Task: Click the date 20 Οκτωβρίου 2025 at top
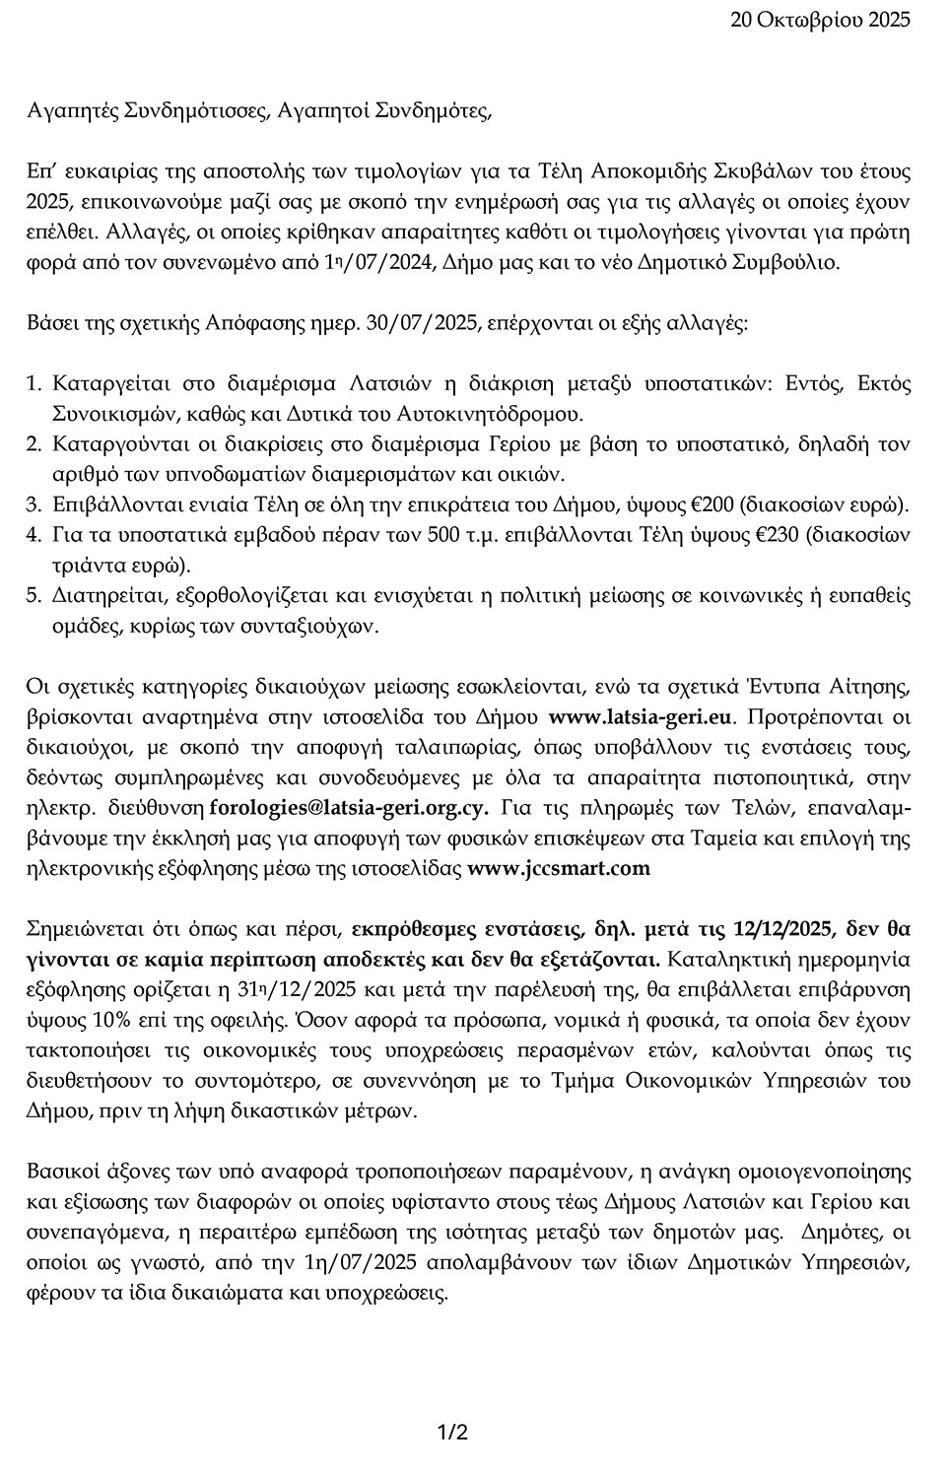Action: pos(820,19)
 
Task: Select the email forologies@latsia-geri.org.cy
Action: pos(351,808)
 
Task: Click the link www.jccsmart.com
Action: pos(559,868)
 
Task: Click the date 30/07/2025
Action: pos(423,323)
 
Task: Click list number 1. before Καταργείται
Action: pos(34,382)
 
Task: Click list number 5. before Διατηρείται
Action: pos(34,595)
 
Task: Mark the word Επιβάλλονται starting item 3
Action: pos(108,504)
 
